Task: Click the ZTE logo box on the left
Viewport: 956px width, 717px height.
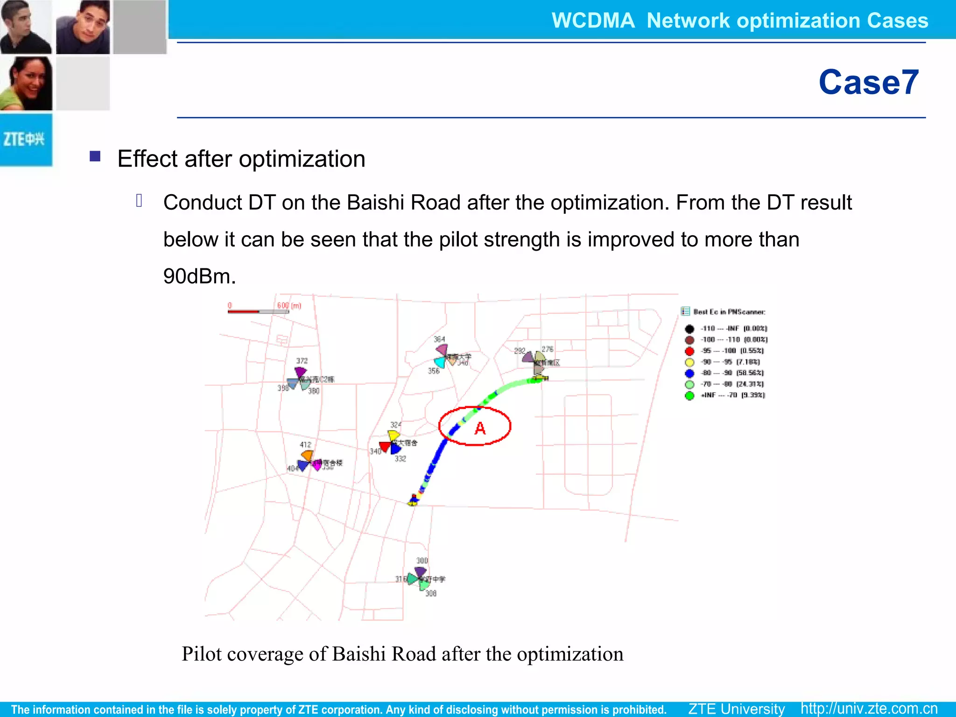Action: tap(26, 140)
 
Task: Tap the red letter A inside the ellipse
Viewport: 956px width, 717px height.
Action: tap(480, 428)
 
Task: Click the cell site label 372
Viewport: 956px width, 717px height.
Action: tap(302, 361)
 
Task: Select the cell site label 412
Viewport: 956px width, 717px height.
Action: tap(305, 444)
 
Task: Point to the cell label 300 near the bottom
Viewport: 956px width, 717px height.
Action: tap(422, 561)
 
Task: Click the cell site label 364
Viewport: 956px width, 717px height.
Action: tap(439, 339)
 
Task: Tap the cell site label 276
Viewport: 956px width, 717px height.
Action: tap(548, 349)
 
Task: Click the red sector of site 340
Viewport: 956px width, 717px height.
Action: tap(385, 447)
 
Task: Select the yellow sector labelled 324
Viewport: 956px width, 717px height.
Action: tap(394, 436)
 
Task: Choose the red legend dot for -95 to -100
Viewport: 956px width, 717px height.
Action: tap(689, 351)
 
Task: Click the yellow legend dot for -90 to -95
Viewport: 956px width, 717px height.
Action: tap(689, 362)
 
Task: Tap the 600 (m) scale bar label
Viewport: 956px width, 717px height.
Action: tap(289, 306)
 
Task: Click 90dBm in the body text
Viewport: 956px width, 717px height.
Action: tap(199, 276)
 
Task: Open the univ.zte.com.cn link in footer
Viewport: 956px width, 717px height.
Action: tap(869, 709)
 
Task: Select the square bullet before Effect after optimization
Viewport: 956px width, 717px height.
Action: tap(95, 156)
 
